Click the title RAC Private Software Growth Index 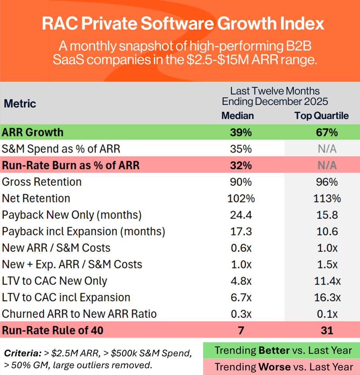pyautogui.click(x=183, y=24)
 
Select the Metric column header pyautogui.click(x=20, y=104)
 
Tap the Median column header pyautogui.click(x=237, y=115)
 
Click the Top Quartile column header pyautogui.click(x=321, y=115)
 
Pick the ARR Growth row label pyautogui.click(x=33, y=132)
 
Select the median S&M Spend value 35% pyautogui.click(x=241, y=149)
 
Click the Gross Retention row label pyautogui.click(x=42, y=182)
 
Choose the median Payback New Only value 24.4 pyautogui.click(x=241, y=215)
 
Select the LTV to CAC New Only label pyautogui.click(x=54, y=281)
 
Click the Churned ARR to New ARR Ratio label pyautogui.click(x=79, y=314)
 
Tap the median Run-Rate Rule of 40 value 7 pyautogui.click(x=241, y=330)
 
